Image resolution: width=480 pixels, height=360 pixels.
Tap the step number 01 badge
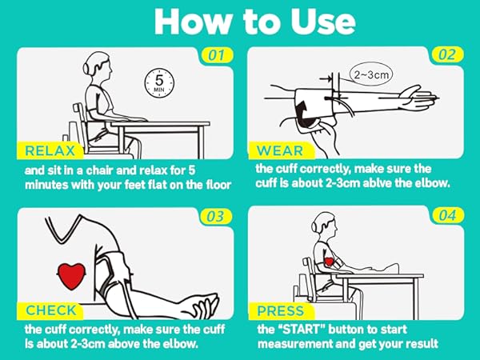[x=217, y=55]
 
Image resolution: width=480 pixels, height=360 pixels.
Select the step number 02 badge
[x=447, y=54]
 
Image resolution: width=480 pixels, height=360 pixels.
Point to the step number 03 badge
[x=215, y=217]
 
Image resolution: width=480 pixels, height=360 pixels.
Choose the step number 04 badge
[x=447, y=215]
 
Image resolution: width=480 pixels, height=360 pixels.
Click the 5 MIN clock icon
[x=159, y=83]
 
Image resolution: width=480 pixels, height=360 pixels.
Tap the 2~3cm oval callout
[x=371, y=74]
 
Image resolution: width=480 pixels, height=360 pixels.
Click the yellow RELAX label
[x=50, y=150]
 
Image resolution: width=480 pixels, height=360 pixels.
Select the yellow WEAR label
[x=280, y=150]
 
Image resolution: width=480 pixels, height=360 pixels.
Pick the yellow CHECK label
[x=51, y=310]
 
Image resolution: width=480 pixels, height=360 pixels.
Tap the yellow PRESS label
[x=281, y=311]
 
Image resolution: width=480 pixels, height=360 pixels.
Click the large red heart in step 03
[x=72, y=276]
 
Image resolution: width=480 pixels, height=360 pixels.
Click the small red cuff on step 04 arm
[x=329, y=262]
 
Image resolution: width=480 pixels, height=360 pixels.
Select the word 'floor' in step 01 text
[x=217, y=185]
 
